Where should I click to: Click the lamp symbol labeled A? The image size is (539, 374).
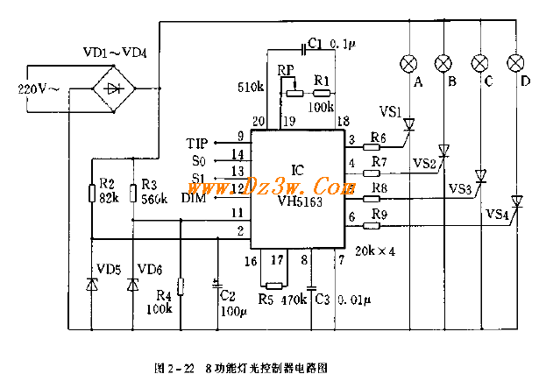click(x=408, y=63)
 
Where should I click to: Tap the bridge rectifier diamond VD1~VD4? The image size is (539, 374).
click(x=115, y=88)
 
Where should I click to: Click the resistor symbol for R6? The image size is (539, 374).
click(x=378, y=146)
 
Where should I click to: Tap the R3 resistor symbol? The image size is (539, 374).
click(x=133, y=192)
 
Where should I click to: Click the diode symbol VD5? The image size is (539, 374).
click(x=92, y=283)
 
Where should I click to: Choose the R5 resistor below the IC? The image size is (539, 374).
click(x=274, y=285)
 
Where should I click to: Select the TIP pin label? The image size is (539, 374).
click(x=197, y=142)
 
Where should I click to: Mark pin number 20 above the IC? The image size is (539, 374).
click(x=258, y=122)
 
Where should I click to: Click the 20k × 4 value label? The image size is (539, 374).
click(x=375, y=251)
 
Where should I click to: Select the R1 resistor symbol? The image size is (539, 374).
click(x=323, y=91)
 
